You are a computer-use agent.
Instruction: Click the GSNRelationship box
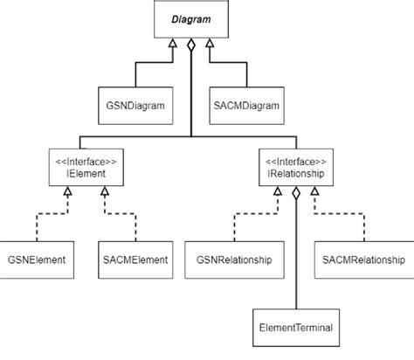(234, 260)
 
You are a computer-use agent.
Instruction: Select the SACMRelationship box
(362, 260)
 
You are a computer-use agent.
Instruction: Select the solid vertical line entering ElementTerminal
(297, 262)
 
